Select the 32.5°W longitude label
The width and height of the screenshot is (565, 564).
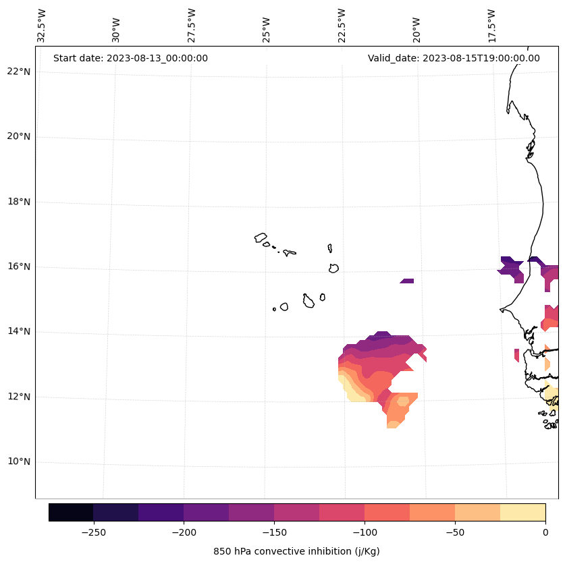42,26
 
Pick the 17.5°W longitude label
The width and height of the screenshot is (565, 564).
491,26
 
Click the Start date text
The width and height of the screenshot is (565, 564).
130,58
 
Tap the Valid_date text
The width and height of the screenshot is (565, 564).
454,58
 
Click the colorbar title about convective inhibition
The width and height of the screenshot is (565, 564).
296,551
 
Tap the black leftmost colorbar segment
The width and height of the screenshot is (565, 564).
71,512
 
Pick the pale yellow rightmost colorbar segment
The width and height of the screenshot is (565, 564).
522,512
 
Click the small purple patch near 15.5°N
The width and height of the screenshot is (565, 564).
407,281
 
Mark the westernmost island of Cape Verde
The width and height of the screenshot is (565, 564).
261,237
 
